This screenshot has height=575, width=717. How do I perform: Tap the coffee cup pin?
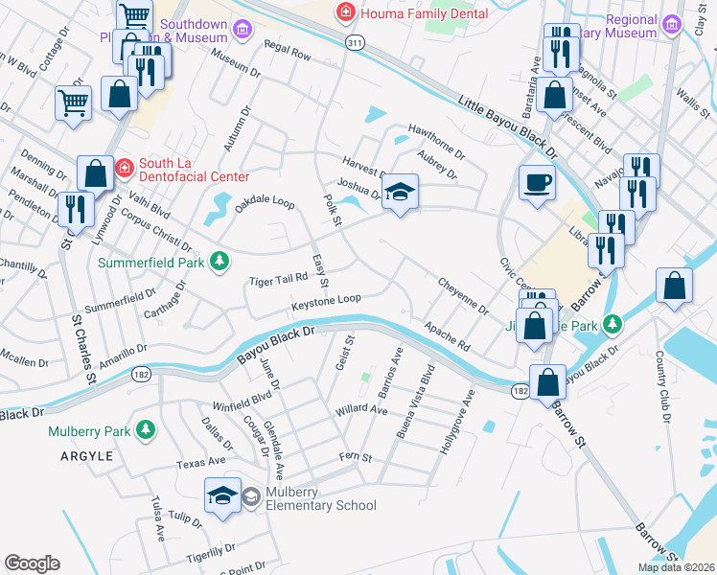(x=537, y=181)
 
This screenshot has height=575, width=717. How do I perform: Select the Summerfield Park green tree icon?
(x=220, y=261)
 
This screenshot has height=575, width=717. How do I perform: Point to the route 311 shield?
(x=355, y=43)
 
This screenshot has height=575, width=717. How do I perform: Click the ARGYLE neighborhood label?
(x=81, y=455)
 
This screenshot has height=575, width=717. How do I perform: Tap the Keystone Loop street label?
(x=326, y=302)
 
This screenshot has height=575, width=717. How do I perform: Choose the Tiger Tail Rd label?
(x=277, y=279)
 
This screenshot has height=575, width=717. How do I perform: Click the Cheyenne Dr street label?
(x=463, y=296)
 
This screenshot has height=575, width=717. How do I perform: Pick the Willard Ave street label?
(x=360, y=410)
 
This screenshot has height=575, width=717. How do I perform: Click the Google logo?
(x=32, y=563)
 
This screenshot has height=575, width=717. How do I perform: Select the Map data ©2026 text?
(x=675, y=567)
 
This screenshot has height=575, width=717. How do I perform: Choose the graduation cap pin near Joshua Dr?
(x=402, y=193)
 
